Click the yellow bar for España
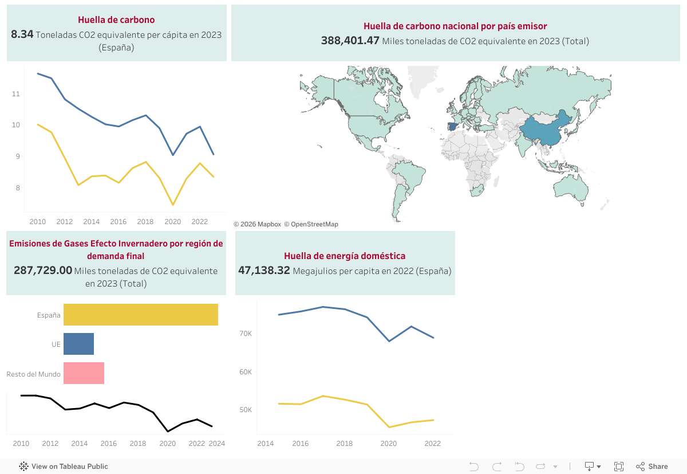140,315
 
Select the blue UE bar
78,344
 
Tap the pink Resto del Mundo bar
84,373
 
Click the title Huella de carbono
116,20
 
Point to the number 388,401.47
350,41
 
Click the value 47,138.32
264,271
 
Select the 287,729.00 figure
43,271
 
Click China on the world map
544,135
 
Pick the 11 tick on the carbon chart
16,93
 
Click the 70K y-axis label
246,334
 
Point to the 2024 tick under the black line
217,444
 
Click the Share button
652,467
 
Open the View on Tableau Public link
64,467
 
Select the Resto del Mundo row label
33,374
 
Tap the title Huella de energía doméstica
345,256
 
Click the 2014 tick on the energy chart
266,444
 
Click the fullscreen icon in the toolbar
619,467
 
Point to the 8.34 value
22,34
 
